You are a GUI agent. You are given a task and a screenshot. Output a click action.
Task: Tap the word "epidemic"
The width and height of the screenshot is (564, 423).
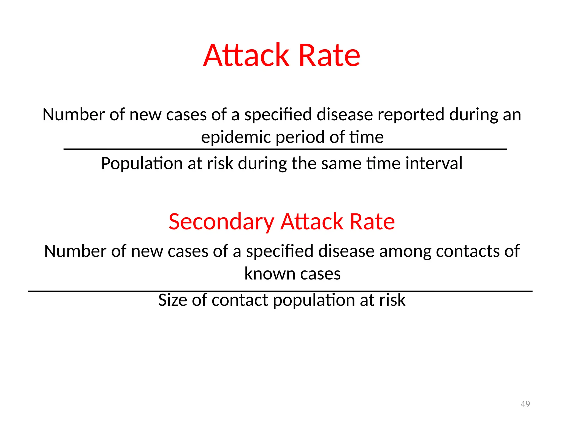coord(235,137)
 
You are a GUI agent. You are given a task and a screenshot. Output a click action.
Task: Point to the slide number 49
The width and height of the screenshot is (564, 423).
coord(525,404)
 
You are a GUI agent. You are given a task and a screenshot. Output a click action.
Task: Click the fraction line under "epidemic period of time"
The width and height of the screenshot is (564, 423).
coord(285,149)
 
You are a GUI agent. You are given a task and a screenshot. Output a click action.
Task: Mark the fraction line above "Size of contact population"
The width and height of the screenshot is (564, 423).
coord(280,291)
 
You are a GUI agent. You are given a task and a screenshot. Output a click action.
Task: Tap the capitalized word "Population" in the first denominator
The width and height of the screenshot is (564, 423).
coord(142,163)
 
